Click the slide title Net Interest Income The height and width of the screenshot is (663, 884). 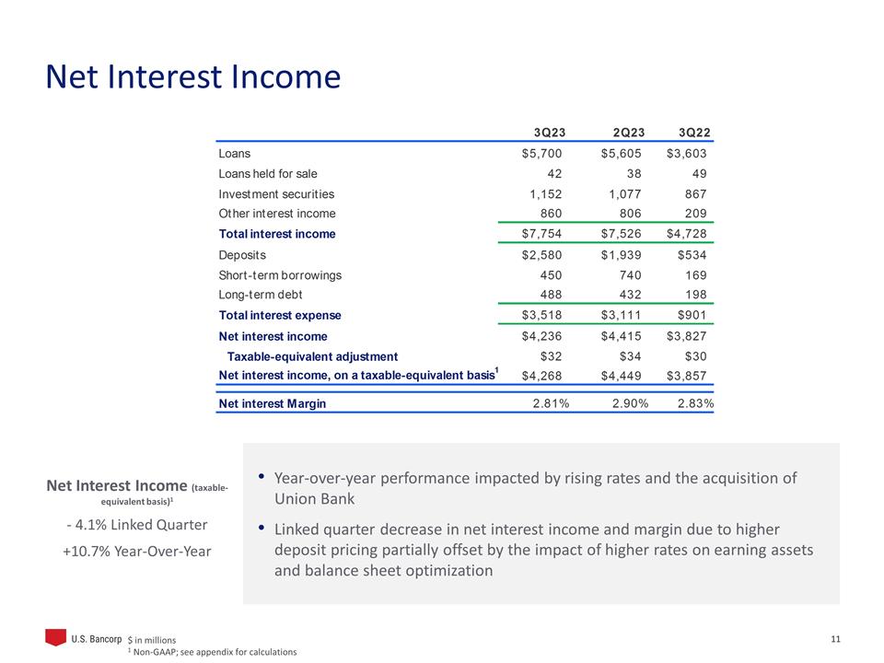click(193, 76)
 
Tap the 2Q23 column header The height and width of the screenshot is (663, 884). click(622, 131)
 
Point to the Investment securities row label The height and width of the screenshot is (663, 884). click(276, 194)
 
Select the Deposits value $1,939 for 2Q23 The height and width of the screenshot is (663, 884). click(621, 254)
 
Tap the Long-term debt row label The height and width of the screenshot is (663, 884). click(261, 295)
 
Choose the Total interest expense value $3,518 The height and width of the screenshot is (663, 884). click(541, 315)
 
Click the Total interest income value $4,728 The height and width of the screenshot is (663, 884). click(687, 234)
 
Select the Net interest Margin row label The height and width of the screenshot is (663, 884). click(272, 403)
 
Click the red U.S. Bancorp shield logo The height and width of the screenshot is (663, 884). click(56, 637)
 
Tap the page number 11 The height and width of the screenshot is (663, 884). click(836, 640)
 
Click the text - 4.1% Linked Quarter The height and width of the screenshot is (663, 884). click(137, 525)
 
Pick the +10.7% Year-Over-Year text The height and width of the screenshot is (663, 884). click(137, 551)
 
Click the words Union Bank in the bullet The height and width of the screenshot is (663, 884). click(314, 499)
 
